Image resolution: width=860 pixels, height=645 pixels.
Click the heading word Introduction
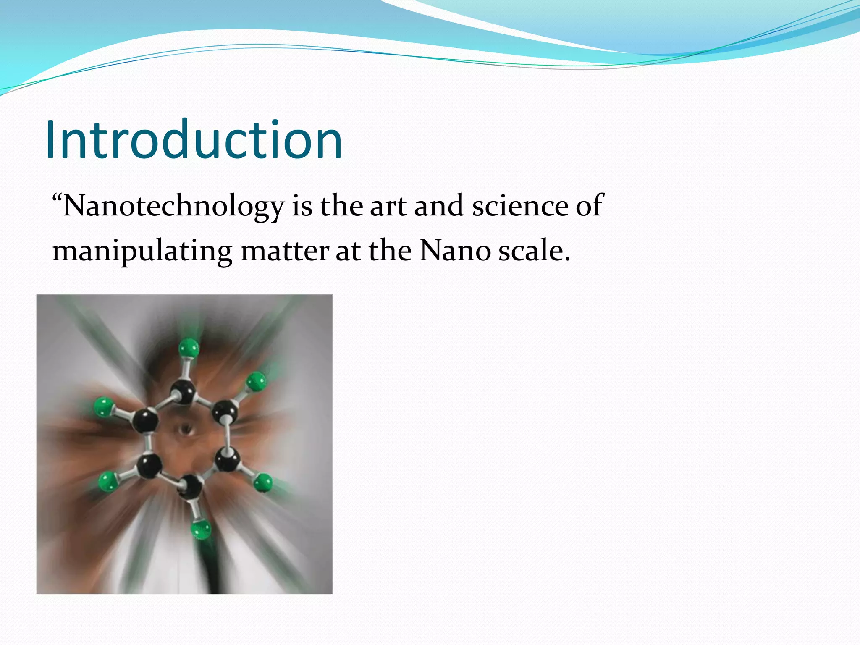tap(194, 140)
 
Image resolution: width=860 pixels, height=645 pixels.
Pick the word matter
tap(285, 251)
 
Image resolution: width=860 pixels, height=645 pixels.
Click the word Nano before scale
tap(455, 251)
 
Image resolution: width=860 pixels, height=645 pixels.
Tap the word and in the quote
tap(439, 207)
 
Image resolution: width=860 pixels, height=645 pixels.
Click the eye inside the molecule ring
tap(185, 430)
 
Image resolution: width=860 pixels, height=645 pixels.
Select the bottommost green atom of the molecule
tap(201, 530)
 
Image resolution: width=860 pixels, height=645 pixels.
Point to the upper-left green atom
tap(104, 407)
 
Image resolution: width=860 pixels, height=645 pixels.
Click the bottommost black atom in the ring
tap(191, 487)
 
